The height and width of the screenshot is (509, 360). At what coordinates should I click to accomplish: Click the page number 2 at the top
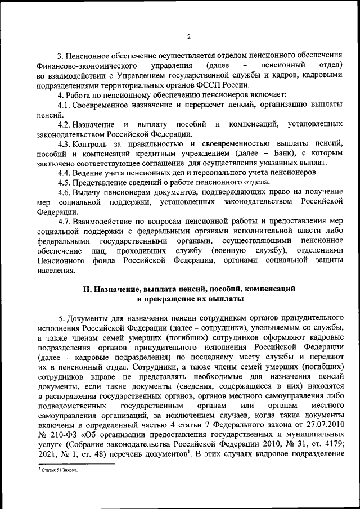pyautogui.click(x=189, y=37)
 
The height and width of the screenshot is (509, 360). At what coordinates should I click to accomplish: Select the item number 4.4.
pyautogui.click(x=66, y=172)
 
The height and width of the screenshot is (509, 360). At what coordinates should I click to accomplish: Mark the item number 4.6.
pyautogui.click(x=66, y=191)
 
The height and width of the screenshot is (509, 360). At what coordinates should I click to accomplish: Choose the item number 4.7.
pyautogui.click(x=66, y=220)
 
